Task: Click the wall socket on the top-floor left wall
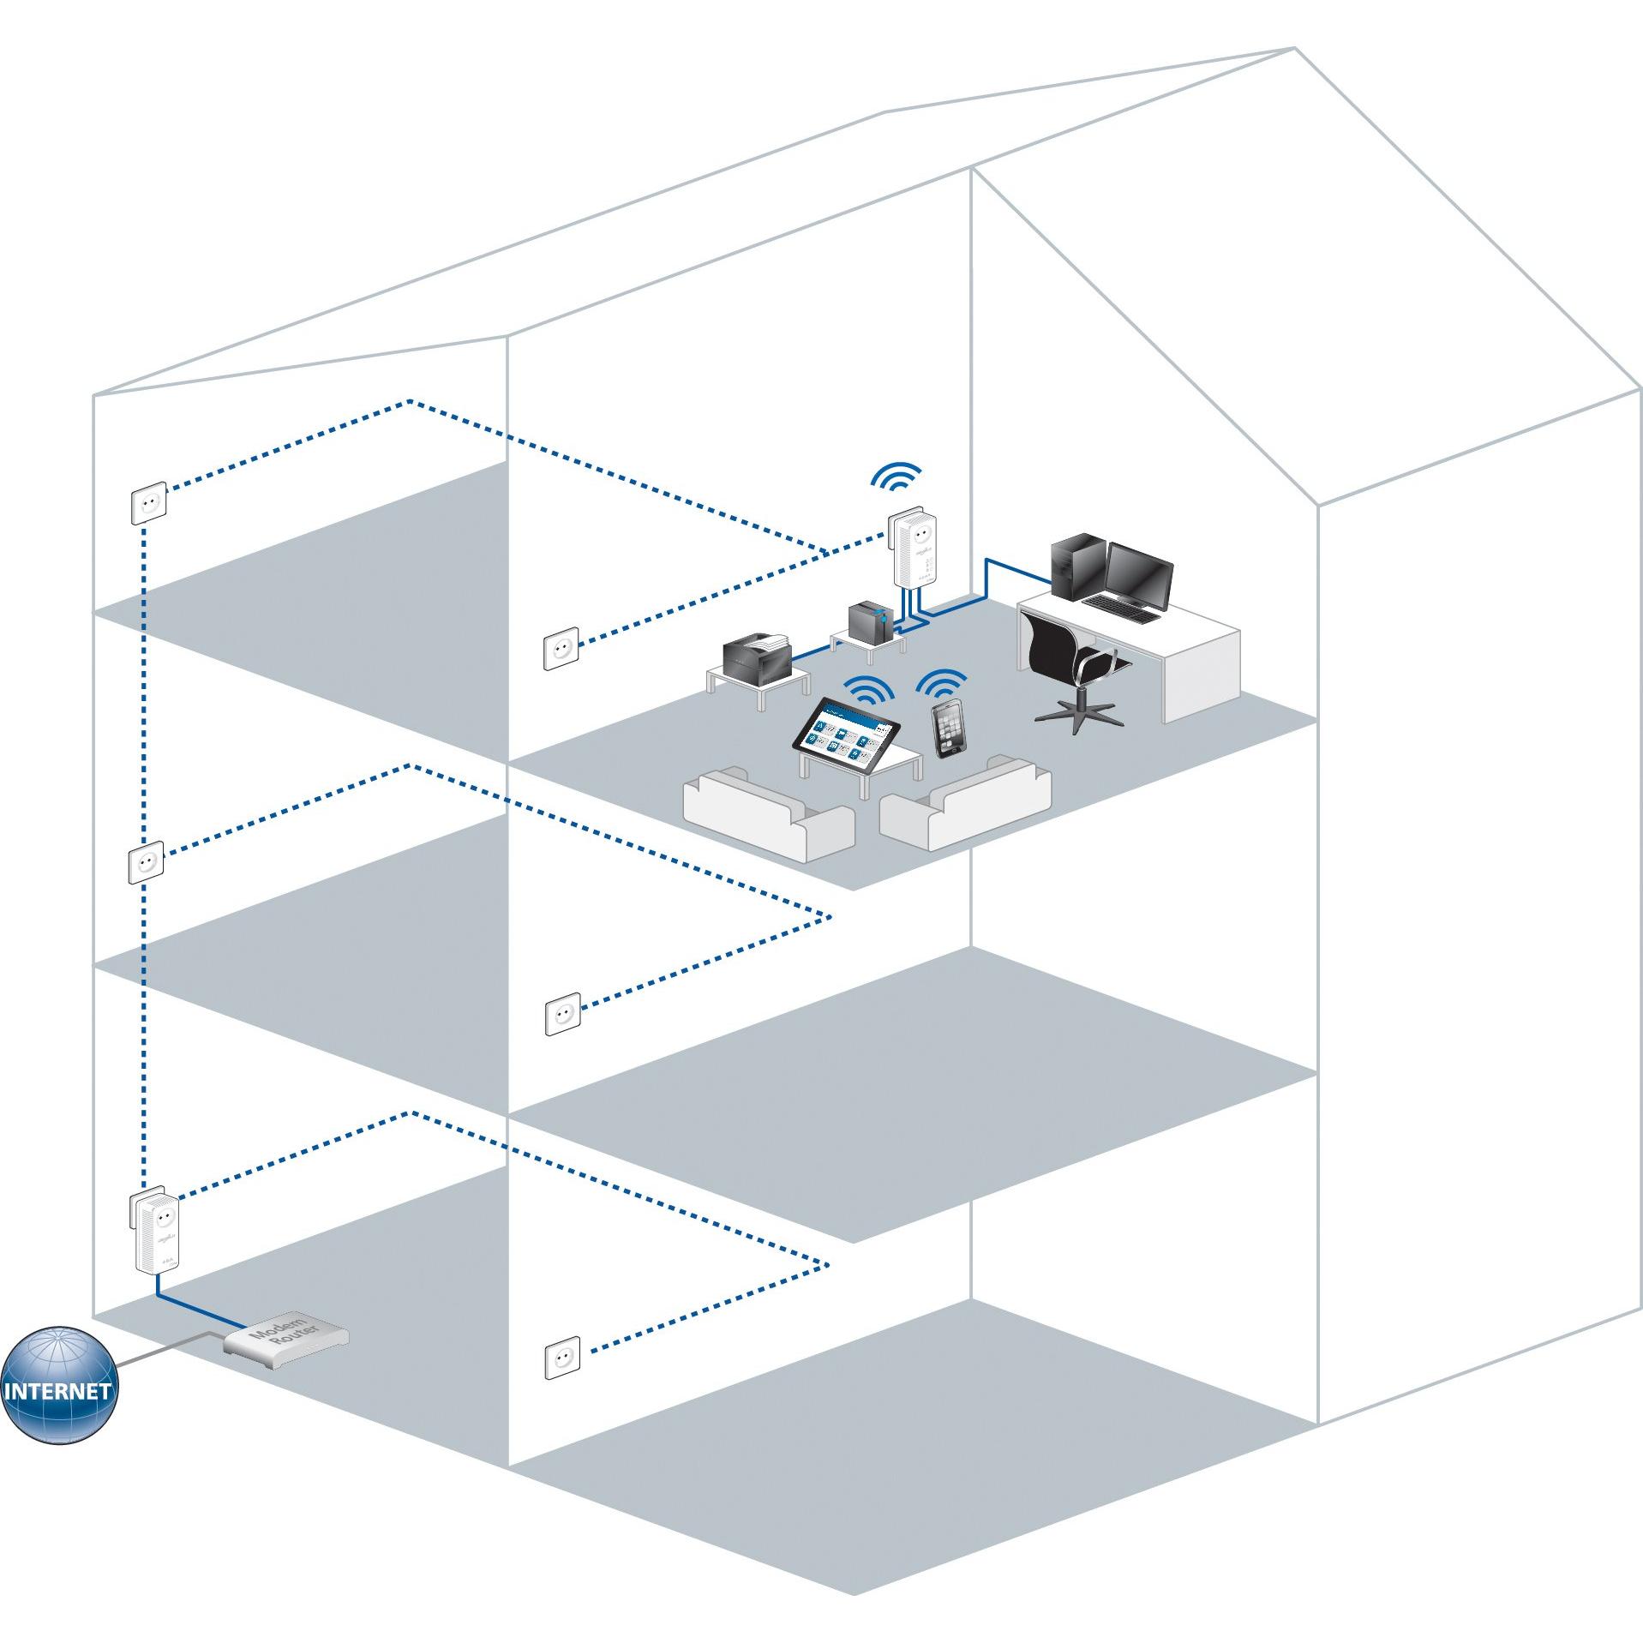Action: tap(147, 504)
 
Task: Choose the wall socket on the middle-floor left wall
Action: tap(145, 863)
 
